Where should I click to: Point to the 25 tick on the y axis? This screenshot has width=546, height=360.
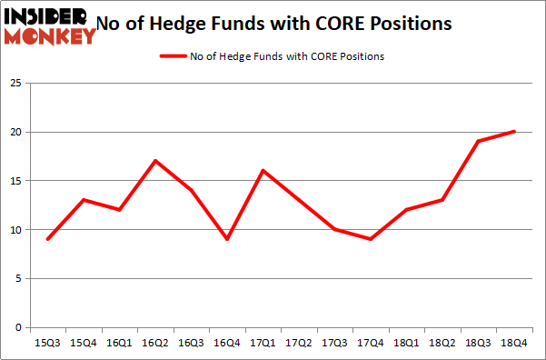pos(15,84)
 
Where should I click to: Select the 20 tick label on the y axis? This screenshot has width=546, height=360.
pos(15,133)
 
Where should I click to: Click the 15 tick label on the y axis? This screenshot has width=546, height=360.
pos(15,181)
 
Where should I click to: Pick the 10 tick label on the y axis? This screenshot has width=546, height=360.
pos(15,230)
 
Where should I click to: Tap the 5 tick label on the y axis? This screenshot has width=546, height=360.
pos(18,279)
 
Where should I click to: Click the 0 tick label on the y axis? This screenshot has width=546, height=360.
pos(18,328)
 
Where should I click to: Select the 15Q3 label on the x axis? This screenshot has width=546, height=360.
pos(47,343)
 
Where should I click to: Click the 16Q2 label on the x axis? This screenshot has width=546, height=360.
pos(156,343)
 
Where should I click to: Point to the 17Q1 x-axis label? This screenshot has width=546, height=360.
pos(264,343)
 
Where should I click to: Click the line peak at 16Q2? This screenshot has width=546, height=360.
pos(156,161)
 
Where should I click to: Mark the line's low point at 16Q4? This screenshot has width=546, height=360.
pos(228,239)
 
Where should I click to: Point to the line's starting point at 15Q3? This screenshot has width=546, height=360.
pos(47,239)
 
